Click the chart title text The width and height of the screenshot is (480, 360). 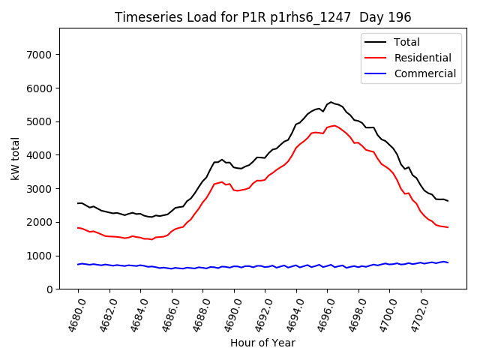[x=262, y=17]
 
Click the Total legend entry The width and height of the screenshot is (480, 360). [x=407, y=42]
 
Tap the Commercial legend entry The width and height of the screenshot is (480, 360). [x=424, y=73]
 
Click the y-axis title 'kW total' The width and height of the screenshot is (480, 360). [x=15, y=158]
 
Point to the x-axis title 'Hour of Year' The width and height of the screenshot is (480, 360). [x=262, y=343]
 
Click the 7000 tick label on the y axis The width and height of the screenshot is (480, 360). [x=39, y=55]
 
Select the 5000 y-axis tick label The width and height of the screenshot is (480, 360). [x=39, y=121]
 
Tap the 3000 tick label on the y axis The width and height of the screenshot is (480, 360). [x=39, y=189]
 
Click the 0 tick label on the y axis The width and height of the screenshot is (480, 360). [x=49, y=289]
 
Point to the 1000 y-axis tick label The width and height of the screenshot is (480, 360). [x=39, y=256]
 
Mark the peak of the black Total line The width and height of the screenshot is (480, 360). [x=331, y=102]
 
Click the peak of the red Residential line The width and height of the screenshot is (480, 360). [x=334, y=126]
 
